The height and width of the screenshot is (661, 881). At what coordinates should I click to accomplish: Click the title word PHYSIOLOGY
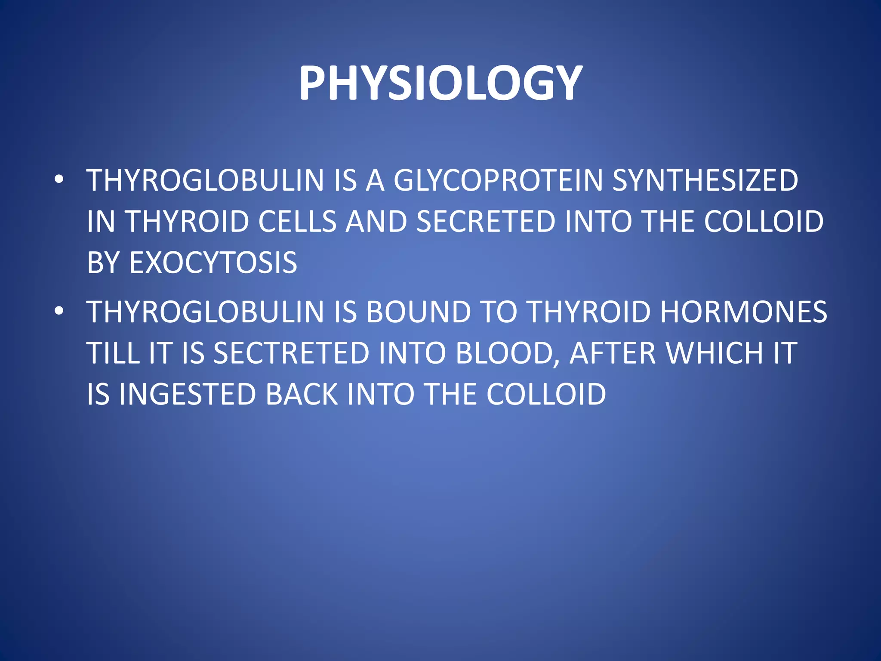440,83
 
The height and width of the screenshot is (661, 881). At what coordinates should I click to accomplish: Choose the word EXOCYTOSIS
213,263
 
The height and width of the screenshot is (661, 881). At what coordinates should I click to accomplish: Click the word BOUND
419,312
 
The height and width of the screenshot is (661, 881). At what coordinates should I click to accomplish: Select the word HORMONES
743,312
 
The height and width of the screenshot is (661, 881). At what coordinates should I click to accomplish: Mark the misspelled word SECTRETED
291,353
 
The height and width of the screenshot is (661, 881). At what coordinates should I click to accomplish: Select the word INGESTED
188,394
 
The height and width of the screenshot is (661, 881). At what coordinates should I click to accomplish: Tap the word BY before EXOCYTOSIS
103,263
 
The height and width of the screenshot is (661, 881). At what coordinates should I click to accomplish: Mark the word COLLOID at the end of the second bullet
546,394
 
